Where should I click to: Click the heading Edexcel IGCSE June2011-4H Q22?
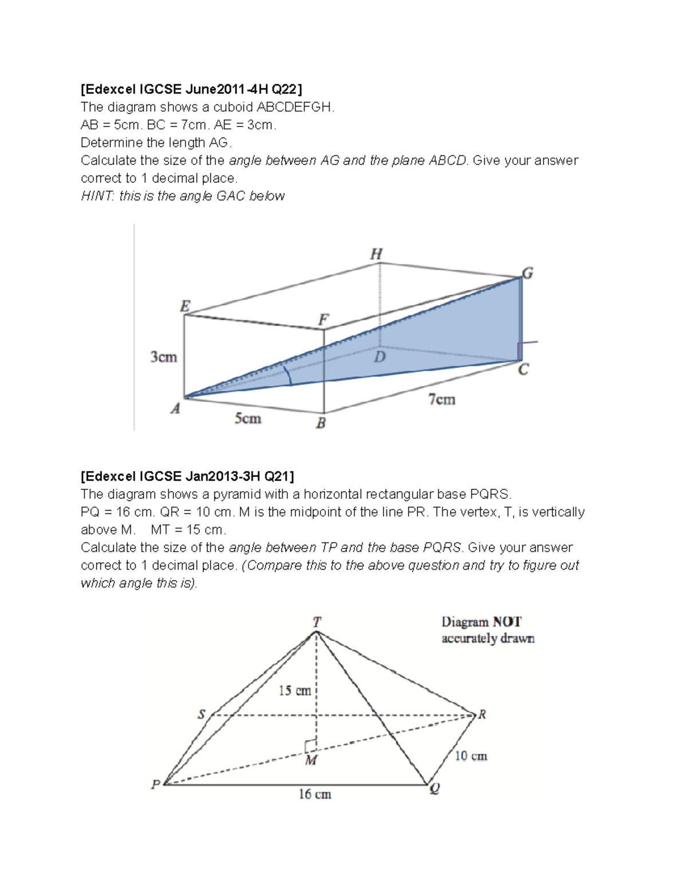[x=192, y=89]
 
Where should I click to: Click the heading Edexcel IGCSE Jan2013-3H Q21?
[x=188, y=476]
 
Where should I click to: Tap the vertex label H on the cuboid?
[x=376, y=254]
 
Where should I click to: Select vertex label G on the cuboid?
[x=527, y=273]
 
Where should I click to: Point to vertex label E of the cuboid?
[x=185, y=306]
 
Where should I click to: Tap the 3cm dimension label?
[x=164, y=357]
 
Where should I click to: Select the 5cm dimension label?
[x=247, y=419]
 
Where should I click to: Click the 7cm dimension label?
[x=441, y=400]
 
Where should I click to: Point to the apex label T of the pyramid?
[x=317, y=622]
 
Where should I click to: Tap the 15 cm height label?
[x=294, y=691]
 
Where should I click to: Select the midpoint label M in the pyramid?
[x=311, y=761]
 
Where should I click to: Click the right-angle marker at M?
[x=310, y=745]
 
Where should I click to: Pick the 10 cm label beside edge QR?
[x=471, y=756]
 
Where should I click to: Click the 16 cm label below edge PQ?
[x=314, y=794]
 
